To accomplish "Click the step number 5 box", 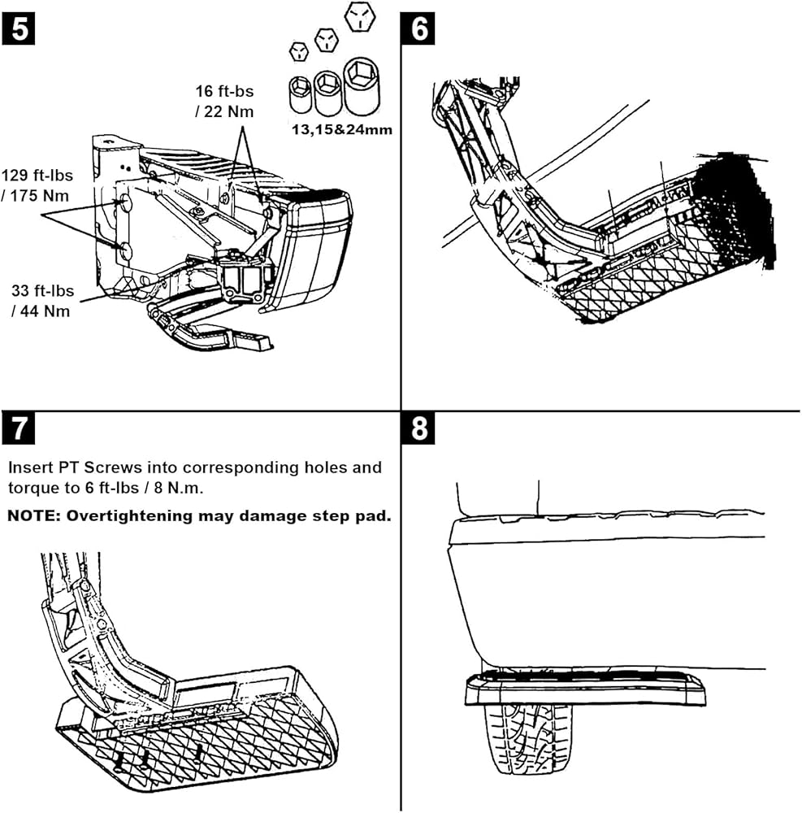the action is point(19,28).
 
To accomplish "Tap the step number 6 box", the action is point(418,28).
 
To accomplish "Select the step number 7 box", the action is point(19,428).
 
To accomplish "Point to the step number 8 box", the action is point(418,428).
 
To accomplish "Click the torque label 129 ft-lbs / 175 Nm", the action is point(37,185).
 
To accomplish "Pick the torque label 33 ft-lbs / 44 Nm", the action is point(42,301).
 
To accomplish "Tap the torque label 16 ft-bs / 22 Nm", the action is point(224,101).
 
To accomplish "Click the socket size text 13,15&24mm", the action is point(342,129).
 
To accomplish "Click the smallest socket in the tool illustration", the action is point(300,93).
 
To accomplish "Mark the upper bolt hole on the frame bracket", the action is point(124,203).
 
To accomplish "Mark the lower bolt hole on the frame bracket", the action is point(124,251).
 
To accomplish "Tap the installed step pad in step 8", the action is point(585,688).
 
